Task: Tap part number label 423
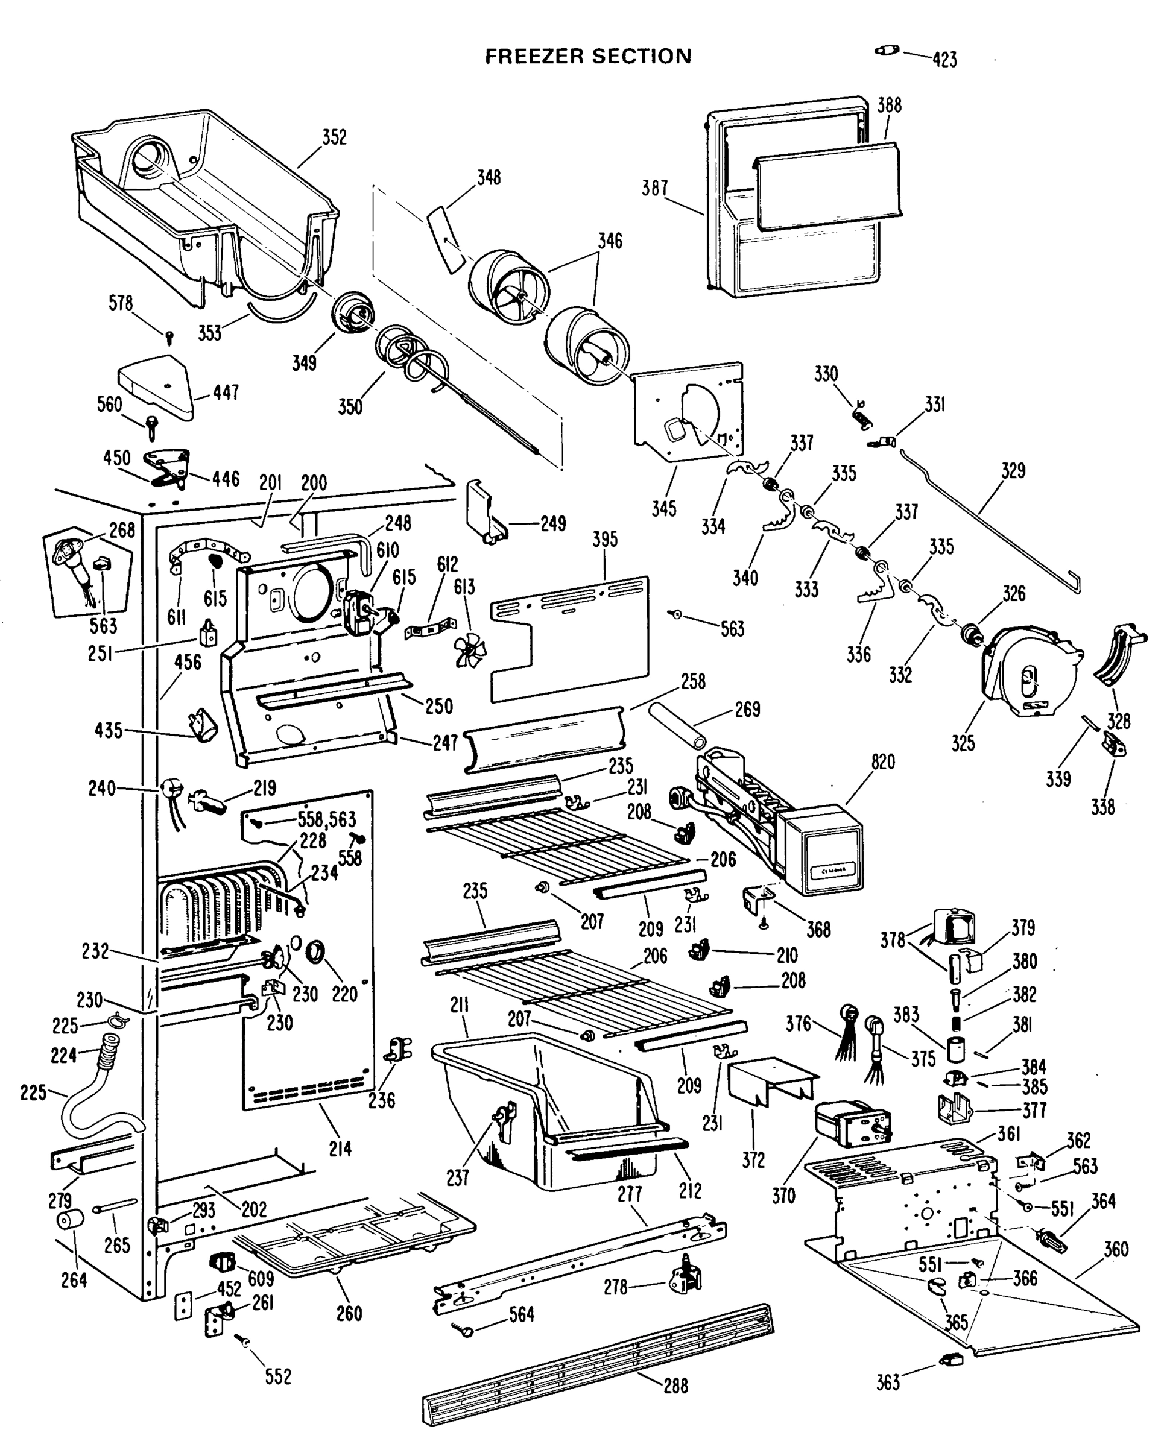(x=944, y=60)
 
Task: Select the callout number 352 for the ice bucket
(x=334, y=137)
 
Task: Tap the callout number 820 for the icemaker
(x=883, y=763)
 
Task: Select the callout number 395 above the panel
(x=605, y=540)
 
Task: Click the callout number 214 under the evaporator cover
(x=340, y=1149)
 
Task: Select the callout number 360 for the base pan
(x=1116, y=1250)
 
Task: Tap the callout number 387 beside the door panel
(x=654, y=189)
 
